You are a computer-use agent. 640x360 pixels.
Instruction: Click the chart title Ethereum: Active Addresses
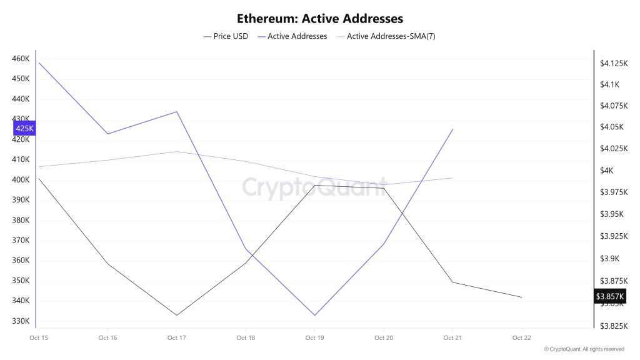coord(320,19)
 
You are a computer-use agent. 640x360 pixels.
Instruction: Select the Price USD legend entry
coord(226,36)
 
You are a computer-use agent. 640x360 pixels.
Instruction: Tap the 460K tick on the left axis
coord(21,59)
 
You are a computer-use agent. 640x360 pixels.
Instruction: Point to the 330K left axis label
coord(21,321)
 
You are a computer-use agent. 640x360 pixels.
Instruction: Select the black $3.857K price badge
coord(610,296)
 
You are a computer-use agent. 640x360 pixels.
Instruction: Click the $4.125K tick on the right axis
coord(613,63)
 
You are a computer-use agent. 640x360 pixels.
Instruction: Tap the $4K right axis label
coord(607,171)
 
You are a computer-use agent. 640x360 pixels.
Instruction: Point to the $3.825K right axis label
coord(613,326)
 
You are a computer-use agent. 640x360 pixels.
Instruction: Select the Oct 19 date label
coord(314,338)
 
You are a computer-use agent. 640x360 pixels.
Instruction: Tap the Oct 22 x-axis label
coord(521,338)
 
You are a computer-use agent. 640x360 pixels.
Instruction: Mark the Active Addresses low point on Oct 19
coord(314,315)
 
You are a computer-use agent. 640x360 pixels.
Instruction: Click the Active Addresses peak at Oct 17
coord(177,112)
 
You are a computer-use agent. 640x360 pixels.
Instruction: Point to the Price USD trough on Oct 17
coord(177,315)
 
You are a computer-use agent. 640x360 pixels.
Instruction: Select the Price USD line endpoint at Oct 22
coord(521,297)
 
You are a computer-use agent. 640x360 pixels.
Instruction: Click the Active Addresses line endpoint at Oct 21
coord(452,129)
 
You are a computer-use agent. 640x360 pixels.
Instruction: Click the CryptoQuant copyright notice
coord(584,349)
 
